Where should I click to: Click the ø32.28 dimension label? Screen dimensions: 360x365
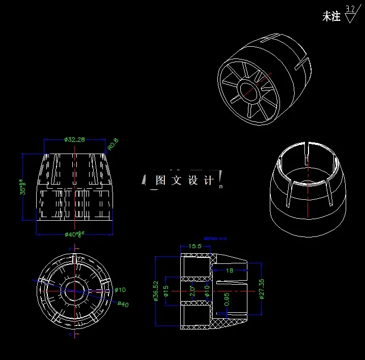pyautogui.click(x=74, y=139)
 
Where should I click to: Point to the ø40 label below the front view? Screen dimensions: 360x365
pyautogui.click(x=74, y=234)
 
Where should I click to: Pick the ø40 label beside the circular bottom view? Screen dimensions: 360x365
pyautogui.click(x=123, y=304)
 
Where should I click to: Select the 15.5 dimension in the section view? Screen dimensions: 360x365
pyautogui.click(x=195, y=246)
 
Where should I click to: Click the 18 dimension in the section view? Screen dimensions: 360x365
pyautogui.click(x=230, y=271)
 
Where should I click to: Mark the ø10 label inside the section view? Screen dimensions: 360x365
pyautogui.click(x=207, y=291)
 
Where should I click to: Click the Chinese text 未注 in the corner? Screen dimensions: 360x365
pyautogui.click(x=331, y=17)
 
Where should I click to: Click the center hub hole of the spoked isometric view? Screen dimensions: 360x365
pyautogui.click(x=250, y=91)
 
